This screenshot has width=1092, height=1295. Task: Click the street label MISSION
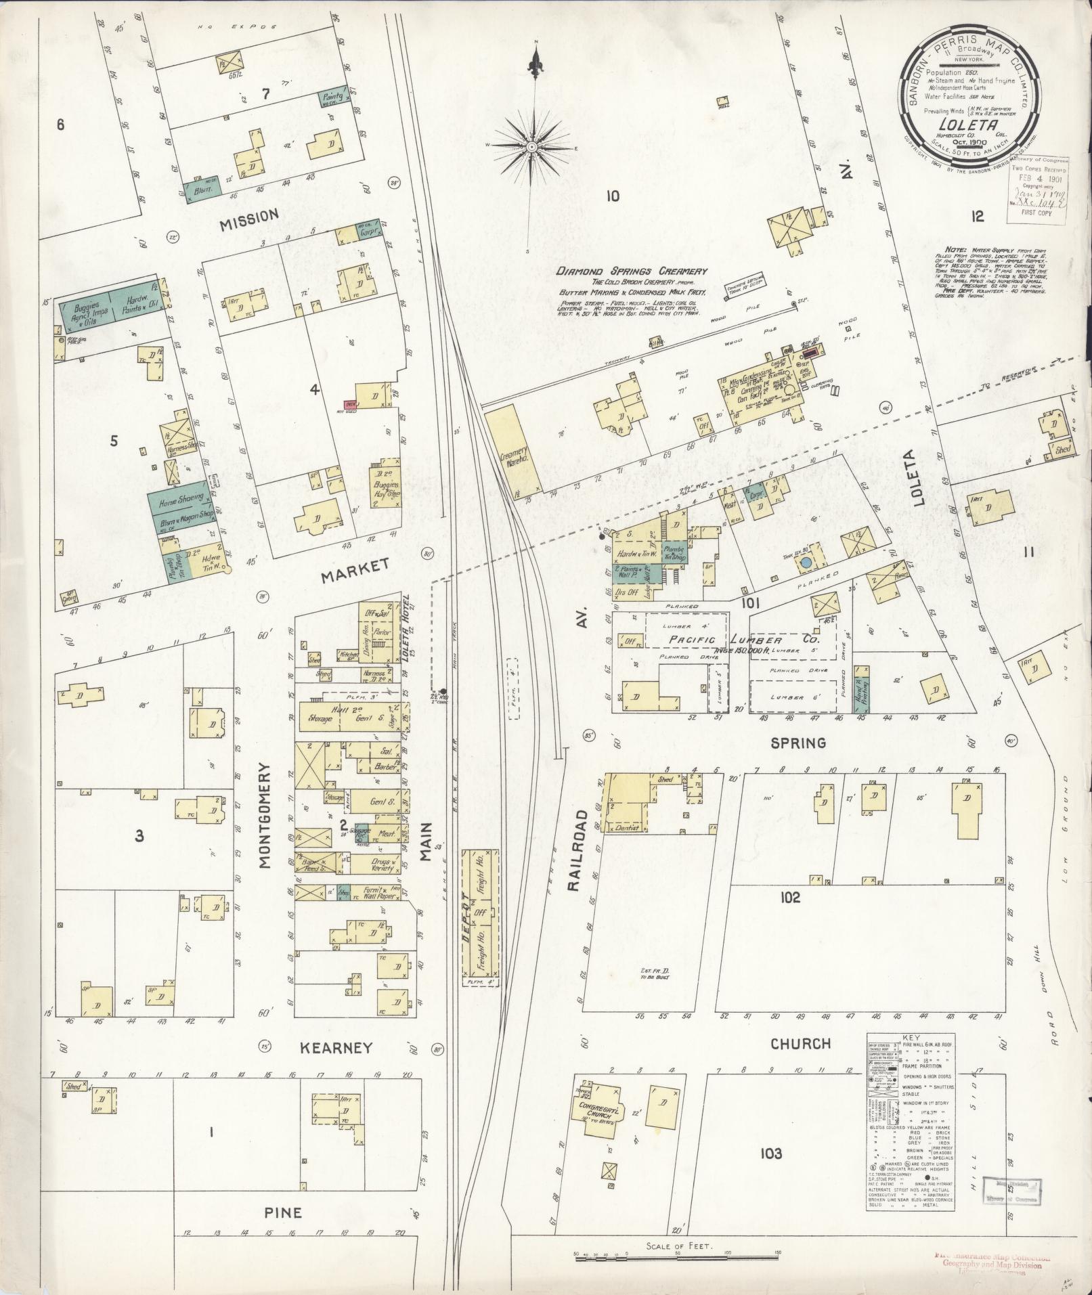(249, 215)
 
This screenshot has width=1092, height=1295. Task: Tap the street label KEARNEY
(337, 1047)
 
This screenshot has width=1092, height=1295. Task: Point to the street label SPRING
(799, 743)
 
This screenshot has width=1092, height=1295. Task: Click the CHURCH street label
(801, 1043)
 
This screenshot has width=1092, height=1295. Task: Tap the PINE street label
(284, 1212)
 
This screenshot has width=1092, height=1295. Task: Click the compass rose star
(533, 146)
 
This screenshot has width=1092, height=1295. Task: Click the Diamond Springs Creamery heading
(632, 271)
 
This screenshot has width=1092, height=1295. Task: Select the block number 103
(770, 1154)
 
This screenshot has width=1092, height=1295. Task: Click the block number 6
(60, 125)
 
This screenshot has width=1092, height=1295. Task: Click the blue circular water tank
(806, 563)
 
